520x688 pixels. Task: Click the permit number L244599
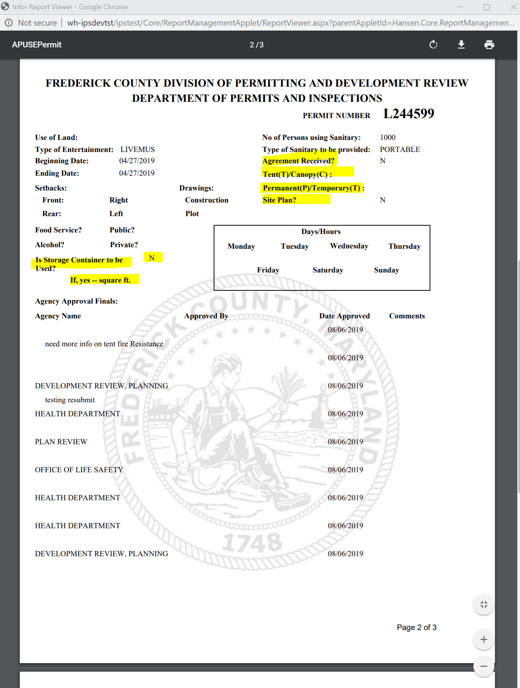point(409,114)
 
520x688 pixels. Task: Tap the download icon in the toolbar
point(461,45)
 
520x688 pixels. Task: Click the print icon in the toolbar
point(489,45)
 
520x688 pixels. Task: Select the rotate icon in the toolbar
point(433,45)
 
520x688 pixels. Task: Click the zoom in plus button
point(483,639)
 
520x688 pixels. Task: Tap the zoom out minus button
point(483,666)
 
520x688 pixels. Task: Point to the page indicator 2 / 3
point(256,45)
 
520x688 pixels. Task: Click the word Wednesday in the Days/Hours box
point(349,246)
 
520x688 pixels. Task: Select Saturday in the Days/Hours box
point(328,270)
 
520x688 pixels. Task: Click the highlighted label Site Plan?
point(280,200)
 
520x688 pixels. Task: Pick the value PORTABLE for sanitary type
point(400,150)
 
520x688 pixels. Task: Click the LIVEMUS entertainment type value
point(137,150)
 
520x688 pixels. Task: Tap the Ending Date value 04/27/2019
point(137,173)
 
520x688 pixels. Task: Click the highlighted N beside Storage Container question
point(152,258)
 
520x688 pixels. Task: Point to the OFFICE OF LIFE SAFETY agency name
point(79,470)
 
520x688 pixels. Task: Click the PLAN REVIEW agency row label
point(61,442)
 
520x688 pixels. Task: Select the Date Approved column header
point(344,316)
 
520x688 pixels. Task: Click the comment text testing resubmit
point(70,400)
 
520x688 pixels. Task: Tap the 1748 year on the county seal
point(252,542)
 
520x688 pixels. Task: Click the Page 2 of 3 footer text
point(416,627)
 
